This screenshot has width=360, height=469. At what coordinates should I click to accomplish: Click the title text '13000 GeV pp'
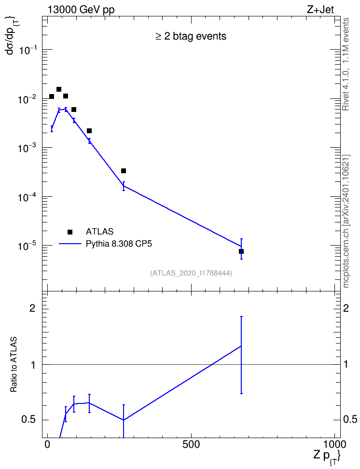81,10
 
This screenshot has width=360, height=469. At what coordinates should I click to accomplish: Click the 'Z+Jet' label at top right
320,10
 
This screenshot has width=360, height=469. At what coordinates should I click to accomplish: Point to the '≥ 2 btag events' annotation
191,37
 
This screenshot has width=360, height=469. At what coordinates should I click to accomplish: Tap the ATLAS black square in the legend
70,232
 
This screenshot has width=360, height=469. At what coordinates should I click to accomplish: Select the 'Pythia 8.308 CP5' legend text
119,244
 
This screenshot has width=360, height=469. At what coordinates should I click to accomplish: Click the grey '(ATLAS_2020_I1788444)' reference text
191,273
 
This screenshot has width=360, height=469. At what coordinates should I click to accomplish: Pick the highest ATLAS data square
59,89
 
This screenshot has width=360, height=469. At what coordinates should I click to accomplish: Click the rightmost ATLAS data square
241,251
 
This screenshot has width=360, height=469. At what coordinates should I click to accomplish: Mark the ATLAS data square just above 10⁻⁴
123,171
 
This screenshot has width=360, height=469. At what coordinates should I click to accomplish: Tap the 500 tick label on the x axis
191,444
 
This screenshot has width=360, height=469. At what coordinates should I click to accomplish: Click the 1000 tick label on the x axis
334,444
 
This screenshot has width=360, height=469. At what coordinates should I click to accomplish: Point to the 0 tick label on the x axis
47,444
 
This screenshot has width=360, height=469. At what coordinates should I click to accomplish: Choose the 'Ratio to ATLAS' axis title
13,364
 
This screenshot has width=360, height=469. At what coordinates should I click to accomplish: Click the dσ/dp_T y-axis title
12,36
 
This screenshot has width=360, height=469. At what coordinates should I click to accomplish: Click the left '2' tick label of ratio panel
32,308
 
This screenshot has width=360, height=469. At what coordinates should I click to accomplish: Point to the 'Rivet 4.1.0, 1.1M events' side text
346,64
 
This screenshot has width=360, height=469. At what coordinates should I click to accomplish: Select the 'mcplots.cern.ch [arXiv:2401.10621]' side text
346,221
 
